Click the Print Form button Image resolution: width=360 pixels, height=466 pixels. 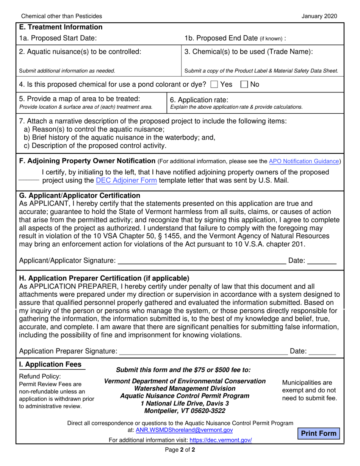coord(318,433)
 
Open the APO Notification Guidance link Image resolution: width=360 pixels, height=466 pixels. coord(304,161)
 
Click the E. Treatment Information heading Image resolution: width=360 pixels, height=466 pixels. coord(61,27)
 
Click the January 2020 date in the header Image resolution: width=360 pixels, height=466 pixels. coord(319,16)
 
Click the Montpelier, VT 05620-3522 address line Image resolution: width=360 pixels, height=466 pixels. coord(185,411)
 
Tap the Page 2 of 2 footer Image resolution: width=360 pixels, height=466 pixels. coord(180,450)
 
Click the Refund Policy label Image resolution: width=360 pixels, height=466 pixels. coord(40,377)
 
